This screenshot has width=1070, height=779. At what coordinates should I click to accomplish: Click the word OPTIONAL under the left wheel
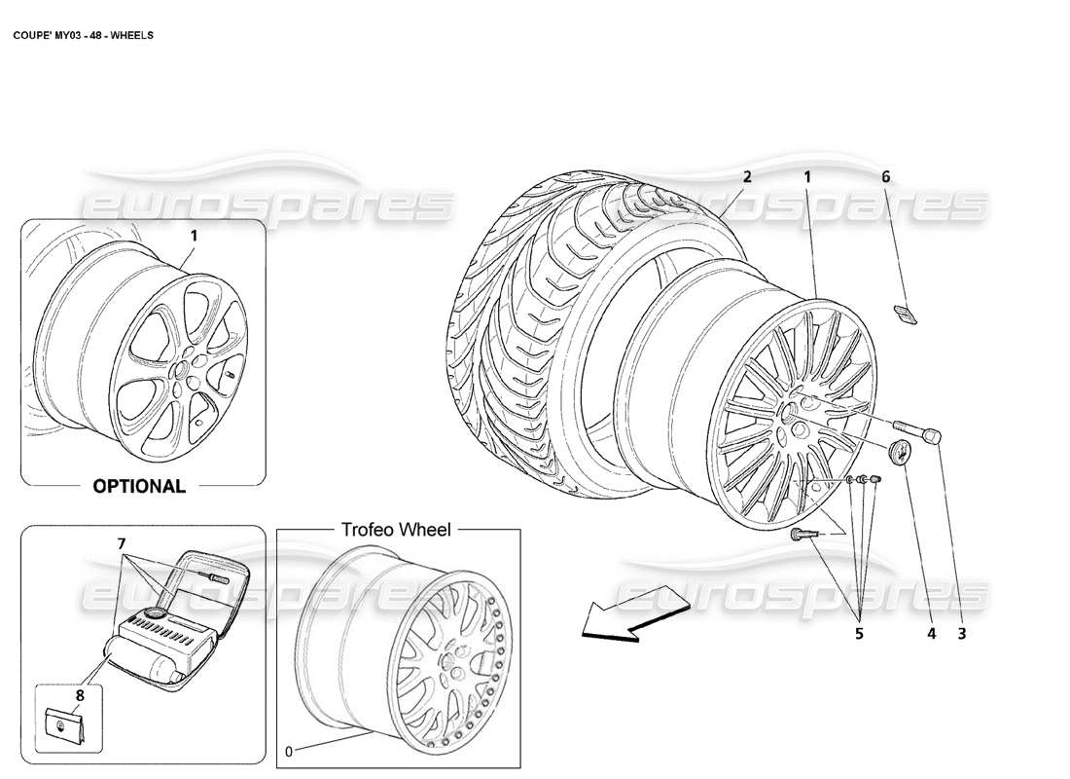pos(139,486)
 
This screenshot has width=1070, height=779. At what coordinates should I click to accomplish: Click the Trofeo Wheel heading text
pos(395,530)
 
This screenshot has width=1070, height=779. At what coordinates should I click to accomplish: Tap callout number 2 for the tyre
pos(747,177)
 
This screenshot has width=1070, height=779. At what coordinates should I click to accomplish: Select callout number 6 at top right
pos(885,177)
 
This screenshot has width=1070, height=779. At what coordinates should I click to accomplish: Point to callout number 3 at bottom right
pos(962,634)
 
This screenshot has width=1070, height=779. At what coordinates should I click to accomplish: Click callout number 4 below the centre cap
pos(931,634)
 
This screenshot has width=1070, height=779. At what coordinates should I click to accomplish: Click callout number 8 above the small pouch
pos(80,694)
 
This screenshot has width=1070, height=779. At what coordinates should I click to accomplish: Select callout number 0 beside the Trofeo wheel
pos(287,751)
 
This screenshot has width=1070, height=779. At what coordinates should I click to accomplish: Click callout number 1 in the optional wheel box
pos(194,235)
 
